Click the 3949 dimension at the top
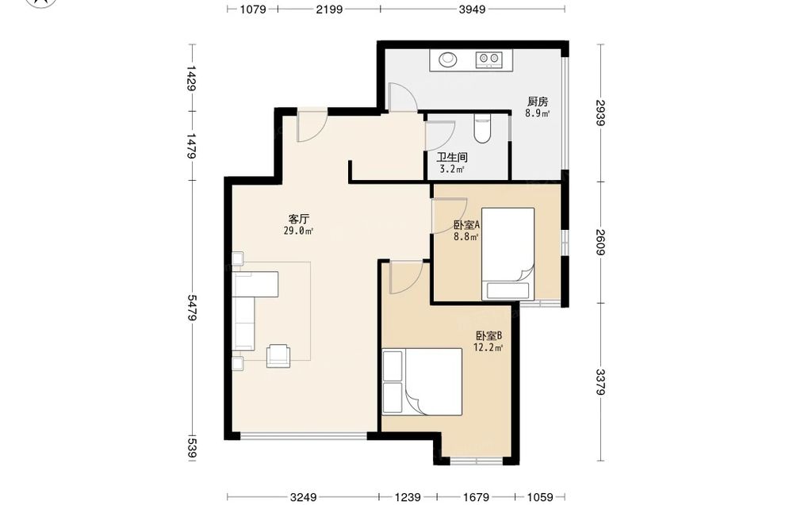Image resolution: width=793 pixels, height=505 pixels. [472, 9]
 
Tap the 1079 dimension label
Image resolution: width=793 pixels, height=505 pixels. [252, 9]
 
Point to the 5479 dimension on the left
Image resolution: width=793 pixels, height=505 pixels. [191, 308]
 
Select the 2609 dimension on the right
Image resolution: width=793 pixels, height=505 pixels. [600, 242]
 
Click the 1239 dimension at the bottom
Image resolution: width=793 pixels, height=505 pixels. [408, 497]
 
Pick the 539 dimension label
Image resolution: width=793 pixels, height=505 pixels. [191, 449]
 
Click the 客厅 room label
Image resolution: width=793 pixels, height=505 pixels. [298, 219]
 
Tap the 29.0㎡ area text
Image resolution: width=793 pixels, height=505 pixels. [298, 231]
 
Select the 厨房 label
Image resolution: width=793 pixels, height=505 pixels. [538, 101]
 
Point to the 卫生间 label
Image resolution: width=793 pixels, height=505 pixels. [452, 157]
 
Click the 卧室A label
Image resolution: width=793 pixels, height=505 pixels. [466, 224]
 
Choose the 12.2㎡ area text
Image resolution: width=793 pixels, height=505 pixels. [488, 348]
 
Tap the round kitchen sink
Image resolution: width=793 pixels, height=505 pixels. [447, 59]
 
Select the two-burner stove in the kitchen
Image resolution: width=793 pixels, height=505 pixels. [488, 59]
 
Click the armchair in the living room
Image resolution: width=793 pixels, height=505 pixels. [278, 355]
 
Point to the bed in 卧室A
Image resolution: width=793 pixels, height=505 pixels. [508, 254]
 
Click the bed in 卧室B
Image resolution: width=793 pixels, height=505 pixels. [423, 381]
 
